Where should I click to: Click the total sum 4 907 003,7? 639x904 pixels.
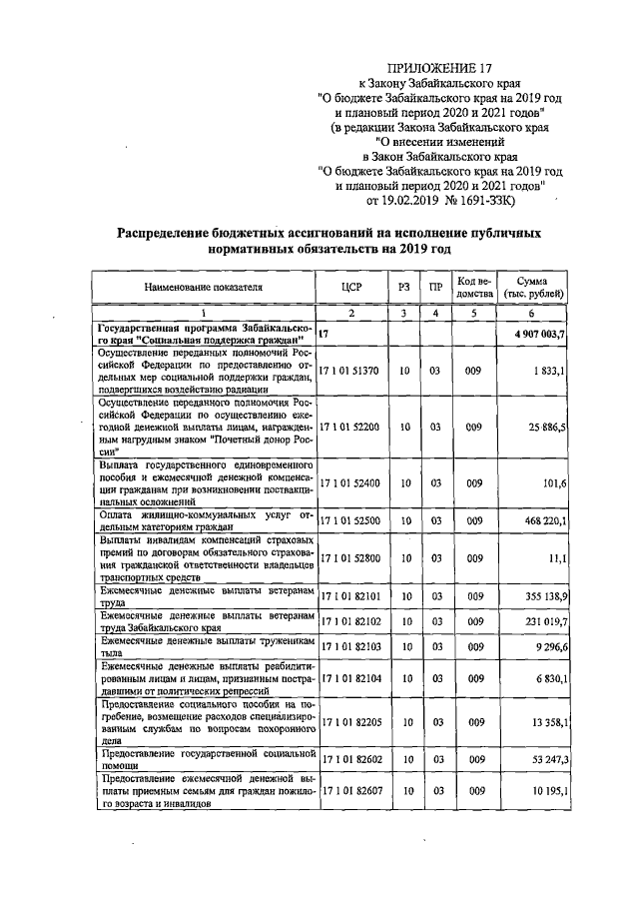point(534,334)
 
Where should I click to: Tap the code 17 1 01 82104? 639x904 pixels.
point(349,677)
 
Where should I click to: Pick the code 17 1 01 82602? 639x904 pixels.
point(349,759)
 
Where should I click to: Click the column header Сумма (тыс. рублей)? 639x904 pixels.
point(534,286)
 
